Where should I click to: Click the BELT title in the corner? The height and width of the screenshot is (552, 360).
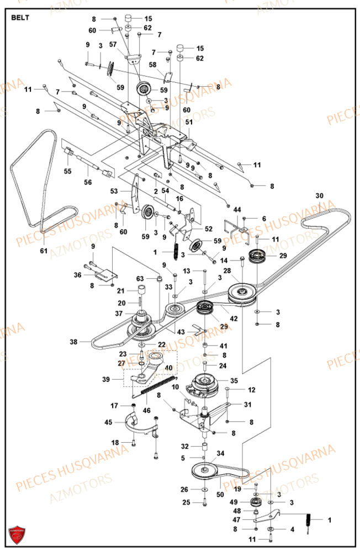tap(20, 17)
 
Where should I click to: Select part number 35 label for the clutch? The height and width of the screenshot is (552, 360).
tap(234, 381)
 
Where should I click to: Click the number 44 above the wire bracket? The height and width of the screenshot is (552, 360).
tap(237, 210)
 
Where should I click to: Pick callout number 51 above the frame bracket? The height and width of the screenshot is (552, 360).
tap(189, 123)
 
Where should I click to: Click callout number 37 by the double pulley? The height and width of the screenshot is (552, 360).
tap(119, 314)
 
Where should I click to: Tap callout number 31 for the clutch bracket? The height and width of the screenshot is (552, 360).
tap(247, 404)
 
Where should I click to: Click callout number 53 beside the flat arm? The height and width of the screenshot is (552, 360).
tap(114, 190)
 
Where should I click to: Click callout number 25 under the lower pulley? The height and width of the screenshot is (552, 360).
tap(186, 502)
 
